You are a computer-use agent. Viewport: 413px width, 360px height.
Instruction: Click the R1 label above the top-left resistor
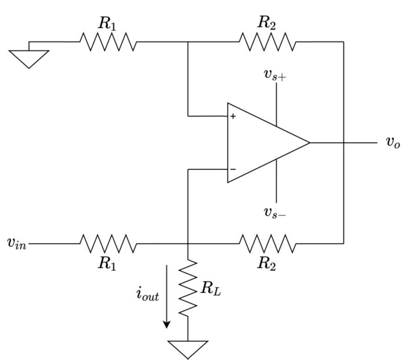pyautogui.click(x=107, y=24)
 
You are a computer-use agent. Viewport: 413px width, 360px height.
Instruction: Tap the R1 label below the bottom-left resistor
pyautogui.click(x=107, y=263)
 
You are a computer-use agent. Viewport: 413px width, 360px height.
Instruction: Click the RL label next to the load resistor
pyautogui.click(x=210, y=288)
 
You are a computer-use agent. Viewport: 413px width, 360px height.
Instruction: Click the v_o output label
pyautogui.click(x=392, y=143)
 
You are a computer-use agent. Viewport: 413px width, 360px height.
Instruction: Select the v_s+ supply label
pyautogui.click(x=275, y=76)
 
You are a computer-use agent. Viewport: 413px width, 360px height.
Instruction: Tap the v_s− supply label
pyautogui.click(x=275, y=213)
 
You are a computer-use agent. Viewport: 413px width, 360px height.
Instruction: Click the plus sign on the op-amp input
pyautogui.click(x=233, y=116)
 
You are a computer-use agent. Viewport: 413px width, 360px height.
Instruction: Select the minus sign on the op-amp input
pyautogui.click(x=233, y=170)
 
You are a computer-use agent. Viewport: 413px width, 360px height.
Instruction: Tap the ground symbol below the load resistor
pyautogui.click(x=188, y=349)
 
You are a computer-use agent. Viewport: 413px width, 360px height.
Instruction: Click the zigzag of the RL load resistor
pyautogui.click(x=188, y=288)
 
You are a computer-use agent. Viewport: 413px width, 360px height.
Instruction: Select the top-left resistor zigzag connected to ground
pyautogui.click(x=108, y=42)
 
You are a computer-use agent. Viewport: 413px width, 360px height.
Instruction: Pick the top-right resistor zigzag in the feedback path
pyautogui.click(x=267, y=42)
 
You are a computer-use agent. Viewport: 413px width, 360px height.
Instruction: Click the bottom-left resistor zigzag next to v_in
pyautogui.click(x=108, y=243)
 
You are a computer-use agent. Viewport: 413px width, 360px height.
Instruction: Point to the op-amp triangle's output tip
pyautogui.click(x=309, y=143)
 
